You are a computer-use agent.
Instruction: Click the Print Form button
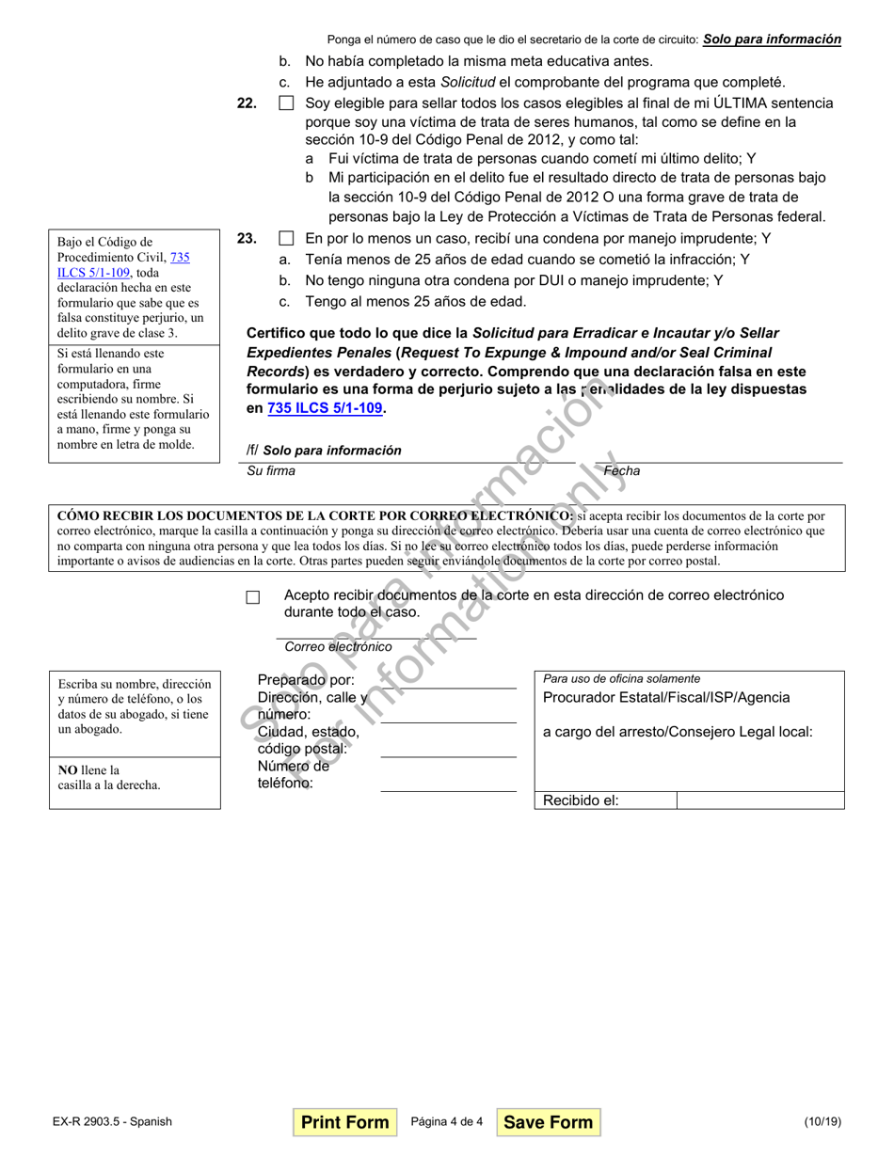(x=344, y=1122)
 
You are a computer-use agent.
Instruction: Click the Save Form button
(x=548, y=1122)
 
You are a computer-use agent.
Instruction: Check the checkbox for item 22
(x=286, y=103)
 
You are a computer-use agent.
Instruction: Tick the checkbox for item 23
(x=286, y=239)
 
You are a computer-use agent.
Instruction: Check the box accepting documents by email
(x=252, y=597)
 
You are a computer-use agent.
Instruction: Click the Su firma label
(x=270, y=471)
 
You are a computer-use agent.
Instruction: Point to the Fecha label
(x=621, y=471)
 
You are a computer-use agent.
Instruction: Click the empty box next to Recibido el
(x=759, y=800)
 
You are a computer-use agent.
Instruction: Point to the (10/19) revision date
(x=822, y=1122)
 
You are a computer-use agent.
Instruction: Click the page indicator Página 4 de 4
(x=447, y=1122)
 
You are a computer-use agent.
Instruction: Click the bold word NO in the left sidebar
(x=68, y=770)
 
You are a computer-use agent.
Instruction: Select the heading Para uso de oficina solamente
(x=621, y=678)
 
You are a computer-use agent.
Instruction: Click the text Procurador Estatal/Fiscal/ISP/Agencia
(x=666, y=698)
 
